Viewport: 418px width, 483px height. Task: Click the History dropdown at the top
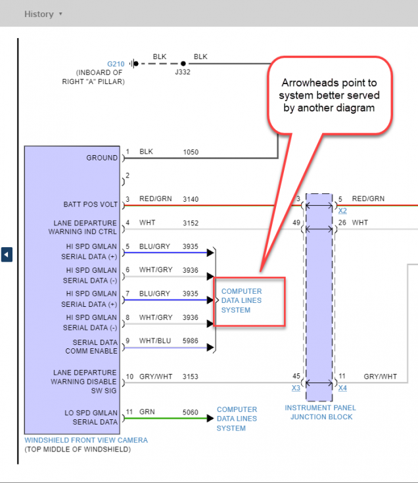click(43, 14)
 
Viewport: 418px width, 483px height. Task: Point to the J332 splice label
click(182, 72)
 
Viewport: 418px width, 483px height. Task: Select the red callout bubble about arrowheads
click(331, 95)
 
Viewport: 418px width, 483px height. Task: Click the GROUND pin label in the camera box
click(102, 158)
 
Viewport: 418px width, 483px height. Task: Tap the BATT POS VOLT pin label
click(91, 204)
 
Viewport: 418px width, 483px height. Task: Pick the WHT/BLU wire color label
click(154, 340)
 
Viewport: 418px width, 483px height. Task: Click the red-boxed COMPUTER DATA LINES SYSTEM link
click(241, 300)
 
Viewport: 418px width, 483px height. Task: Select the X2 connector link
click(342, 211)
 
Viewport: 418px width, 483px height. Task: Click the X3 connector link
click(296, 388)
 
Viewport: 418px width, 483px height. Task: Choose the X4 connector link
click(342, 388)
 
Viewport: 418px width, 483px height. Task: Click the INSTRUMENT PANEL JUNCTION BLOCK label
click(319, 412)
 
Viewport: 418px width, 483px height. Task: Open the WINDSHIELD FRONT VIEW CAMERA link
click(86, 440)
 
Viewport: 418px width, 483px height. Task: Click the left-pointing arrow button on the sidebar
click(7, 254)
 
